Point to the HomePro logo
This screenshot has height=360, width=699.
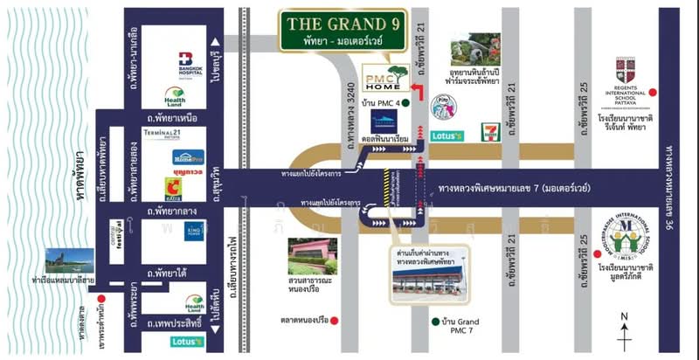(188, 157)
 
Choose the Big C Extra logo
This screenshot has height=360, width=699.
(175, 187)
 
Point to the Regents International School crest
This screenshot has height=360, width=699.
(626, 71)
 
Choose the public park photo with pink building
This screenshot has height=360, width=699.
(312, 255)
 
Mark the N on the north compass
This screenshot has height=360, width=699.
(623, 316)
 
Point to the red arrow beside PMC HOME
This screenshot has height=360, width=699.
(422, 93)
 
